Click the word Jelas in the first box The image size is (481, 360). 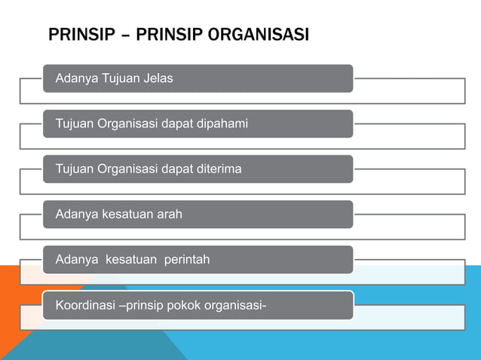[158, 78]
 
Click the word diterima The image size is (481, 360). [219, 169]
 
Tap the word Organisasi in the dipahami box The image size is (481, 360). [129, 124]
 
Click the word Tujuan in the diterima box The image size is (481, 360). [74, 169]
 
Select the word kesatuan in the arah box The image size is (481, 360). [125, 214]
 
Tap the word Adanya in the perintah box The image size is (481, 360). [77, 259]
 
